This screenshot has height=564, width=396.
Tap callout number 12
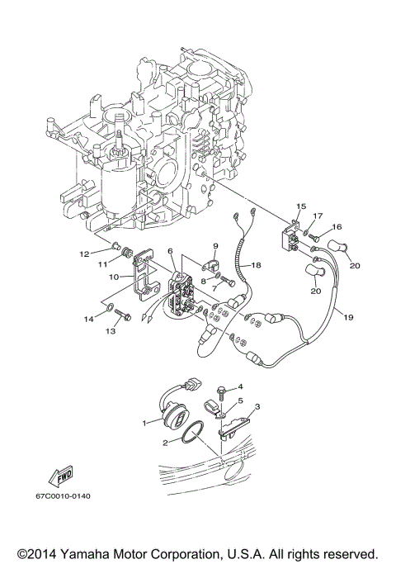tap(106, 253)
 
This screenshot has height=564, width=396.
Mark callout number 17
tap(317, 216)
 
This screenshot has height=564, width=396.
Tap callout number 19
tap(337, 316)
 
